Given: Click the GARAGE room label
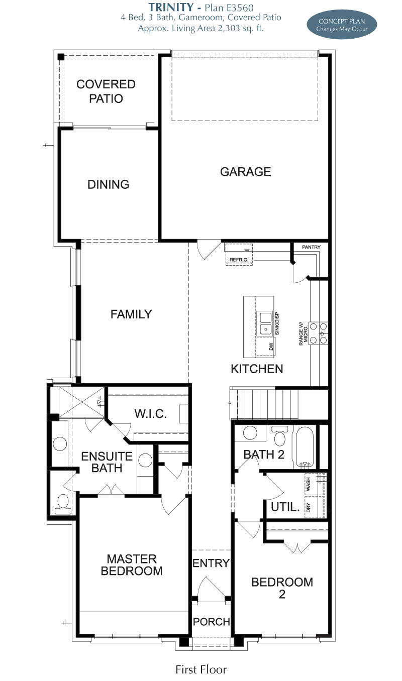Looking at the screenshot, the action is (245, 172).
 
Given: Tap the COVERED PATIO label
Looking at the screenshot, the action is (106, 91).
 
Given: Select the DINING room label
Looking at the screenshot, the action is (108, 184).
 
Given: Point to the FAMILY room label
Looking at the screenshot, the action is (131, 314).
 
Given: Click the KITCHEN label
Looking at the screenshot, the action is (257, 369).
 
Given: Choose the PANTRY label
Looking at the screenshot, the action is (311, 247).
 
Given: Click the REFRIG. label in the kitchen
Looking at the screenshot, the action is (239, 260).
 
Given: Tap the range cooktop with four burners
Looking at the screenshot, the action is (319, 333).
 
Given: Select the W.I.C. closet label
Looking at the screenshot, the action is (151, 414).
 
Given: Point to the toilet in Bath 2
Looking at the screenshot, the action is (280, 435).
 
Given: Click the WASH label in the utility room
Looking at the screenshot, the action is (309, 484).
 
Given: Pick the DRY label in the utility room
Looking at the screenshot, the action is (309, 507).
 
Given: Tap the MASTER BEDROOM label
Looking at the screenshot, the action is (132, 565).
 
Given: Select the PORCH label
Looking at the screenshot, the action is (212, 622).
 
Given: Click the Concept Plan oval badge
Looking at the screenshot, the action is (342, 25).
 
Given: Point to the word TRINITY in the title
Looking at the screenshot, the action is (171, 7).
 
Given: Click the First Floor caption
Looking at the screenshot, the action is (201, 669).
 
